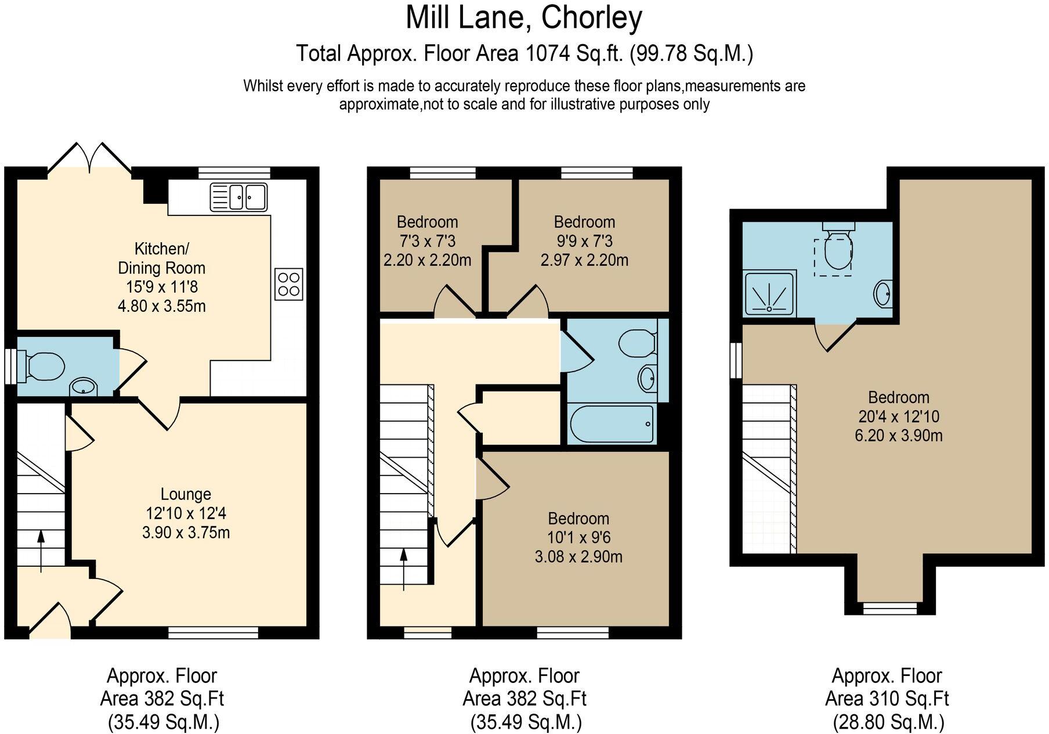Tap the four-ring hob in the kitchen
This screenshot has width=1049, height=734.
pos(288,284)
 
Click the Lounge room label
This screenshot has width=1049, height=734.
pos(186,494)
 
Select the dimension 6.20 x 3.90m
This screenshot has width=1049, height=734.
pos(898,436)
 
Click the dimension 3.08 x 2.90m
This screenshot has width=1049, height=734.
pos(578,557)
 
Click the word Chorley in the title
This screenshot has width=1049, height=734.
pos(591,17)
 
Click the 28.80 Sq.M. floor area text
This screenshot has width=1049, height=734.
pos(888,722)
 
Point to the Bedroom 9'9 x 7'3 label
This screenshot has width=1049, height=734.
pos(584,222)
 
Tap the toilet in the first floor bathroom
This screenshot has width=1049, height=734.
pos(637,343)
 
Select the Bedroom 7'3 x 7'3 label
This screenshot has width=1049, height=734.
pos(428,222)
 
